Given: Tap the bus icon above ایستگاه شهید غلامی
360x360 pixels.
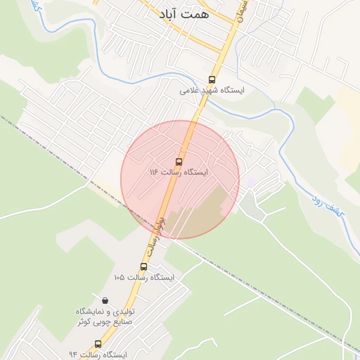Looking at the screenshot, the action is click(x=212, y=79).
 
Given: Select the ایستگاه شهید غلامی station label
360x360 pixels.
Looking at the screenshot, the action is click(x=212, y=91).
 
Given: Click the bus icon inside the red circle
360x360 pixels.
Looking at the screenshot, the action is click(x=179, y=160).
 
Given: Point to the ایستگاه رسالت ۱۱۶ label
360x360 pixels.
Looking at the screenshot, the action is click(x=179, y=172).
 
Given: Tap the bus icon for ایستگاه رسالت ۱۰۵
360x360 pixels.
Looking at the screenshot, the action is click(x=143, y=266).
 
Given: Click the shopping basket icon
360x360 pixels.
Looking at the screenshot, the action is click(x=105, y=300).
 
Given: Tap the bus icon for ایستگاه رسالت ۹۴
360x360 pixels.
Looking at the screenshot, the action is click(x=98, y=344).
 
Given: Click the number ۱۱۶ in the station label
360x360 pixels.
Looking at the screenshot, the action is click(x=154, y=172).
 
